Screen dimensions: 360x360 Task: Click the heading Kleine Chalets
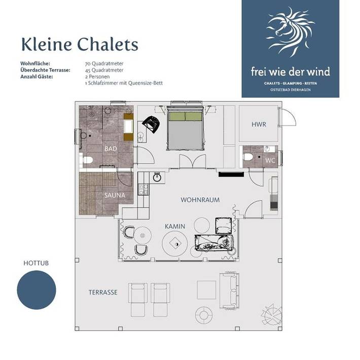(80, 44)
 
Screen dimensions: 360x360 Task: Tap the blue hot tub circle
(37, 290)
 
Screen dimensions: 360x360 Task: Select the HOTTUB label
(36, 263)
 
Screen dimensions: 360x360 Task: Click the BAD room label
(111, 149)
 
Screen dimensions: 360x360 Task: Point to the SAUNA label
(115, 194)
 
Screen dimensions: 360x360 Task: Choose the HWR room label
(259, 124)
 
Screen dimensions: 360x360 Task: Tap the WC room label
(270, 160)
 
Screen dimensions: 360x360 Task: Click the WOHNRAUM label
(200, 200)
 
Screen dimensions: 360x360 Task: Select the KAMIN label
(174, 226)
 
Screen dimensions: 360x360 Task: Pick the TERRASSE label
(103, 293)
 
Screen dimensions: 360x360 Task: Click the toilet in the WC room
(248, 157)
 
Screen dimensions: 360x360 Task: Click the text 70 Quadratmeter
(104, 63)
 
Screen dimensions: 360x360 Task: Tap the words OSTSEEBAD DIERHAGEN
(290, 90)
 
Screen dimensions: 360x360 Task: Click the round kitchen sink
(157, 177)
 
